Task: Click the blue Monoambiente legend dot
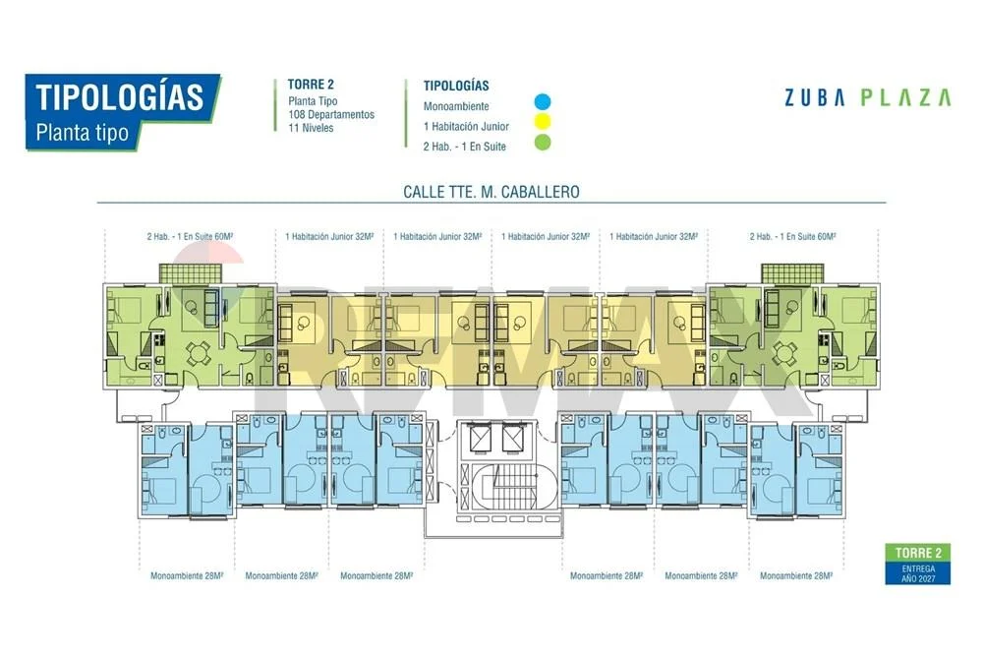pos(543,101)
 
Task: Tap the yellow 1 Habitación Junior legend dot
pos(543,121)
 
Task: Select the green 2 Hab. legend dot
pos(543,143)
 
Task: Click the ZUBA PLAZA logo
pos(868,97)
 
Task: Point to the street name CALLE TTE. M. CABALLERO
pos(491,192)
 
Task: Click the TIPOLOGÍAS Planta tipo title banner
pos(122,112)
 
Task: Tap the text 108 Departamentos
pos(331,115)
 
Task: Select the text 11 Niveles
pos(311,128)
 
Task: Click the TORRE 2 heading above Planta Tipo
pos(311,85)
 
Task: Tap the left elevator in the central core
pos(482,438)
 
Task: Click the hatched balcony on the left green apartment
pos(191,274)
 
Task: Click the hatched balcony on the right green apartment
pos(793,274)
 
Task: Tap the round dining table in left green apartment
pos(199,353)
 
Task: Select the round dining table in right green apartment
pos(784,353)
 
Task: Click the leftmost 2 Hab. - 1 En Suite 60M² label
pos(190,236)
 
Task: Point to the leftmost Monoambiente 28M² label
pos(187,575)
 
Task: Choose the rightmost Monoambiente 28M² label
pos(796,575)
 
